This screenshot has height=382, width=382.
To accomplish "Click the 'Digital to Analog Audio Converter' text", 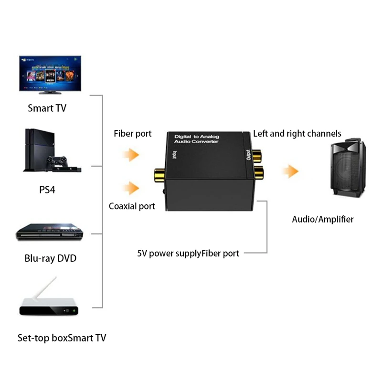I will coord(196,139).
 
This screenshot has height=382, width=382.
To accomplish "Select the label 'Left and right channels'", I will coord(297,134).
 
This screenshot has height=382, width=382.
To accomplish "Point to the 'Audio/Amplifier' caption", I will coord(323,220).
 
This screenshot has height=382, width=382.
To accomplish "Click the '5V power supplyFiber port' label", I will coord(188,254).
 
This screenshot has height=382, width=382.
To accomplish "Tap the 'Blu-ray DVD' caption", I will coord(50,259).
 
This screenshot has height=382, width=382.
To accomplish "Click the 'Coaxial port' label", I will coord(132,206).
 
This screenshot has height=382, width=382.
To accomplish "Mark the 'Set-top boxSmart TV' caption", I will coord(62,339).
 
